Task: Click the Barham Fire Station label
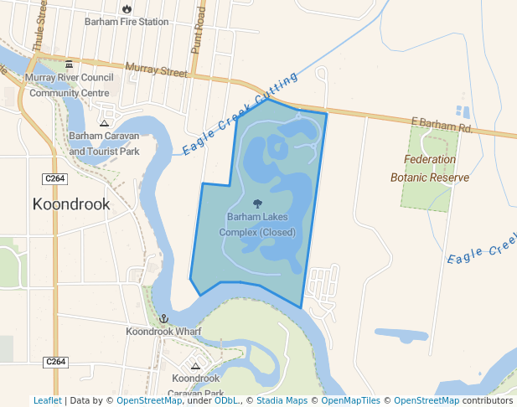[127, 22]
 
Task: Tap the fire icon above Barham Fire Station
[127, 8]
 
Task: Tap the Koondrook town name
[70, 203]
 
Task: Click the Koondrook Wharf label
[164, 332]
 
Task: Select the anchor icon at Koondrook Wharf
[164, 319]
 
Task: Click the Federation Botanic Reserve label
[429, 168]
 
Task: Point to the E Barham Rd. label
[442, 125]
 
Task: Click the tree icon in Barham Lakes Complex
[257, 203]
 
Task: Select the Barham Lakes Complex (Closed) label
[257, 224]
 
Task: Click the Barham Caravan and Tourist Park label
[104, 143]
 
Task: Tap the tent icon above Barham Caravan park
[104, 123]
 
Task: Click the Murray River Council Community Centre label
[69, 85]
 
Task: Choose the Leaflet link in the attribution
[47, 400]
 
